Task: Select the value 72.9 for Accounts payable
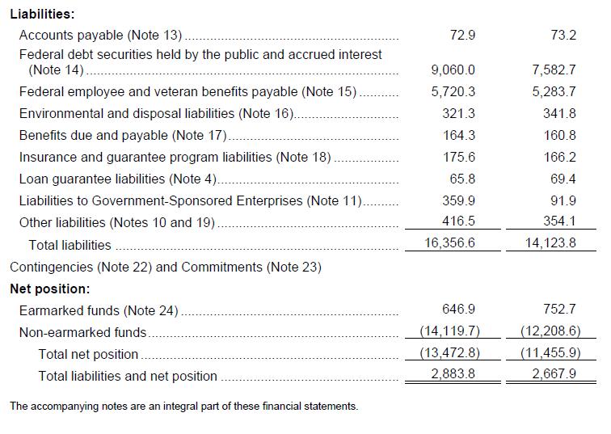(x=461, y=35)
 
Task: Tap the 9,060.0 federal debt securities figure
(x=453, y=70)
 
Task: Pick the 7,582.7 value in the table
(x=554, y=70)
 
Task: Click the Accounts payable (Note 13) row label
(x=101, y=35)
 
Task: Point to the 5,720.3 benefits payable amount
(x=453, y=91)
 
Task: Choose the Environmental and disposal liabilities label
(x=157, y=113)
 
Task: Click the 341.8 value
(x=559, y=113)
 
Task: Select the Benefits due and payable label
(x=123, y=135)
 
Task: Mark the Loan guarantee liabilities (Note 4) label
(x=118, y=179)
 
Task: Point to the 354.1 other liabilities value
(x=559, y=221)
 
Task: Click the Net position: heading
(x=49, y=288)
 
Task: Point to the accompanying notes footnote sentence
(x=183, y=406)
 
